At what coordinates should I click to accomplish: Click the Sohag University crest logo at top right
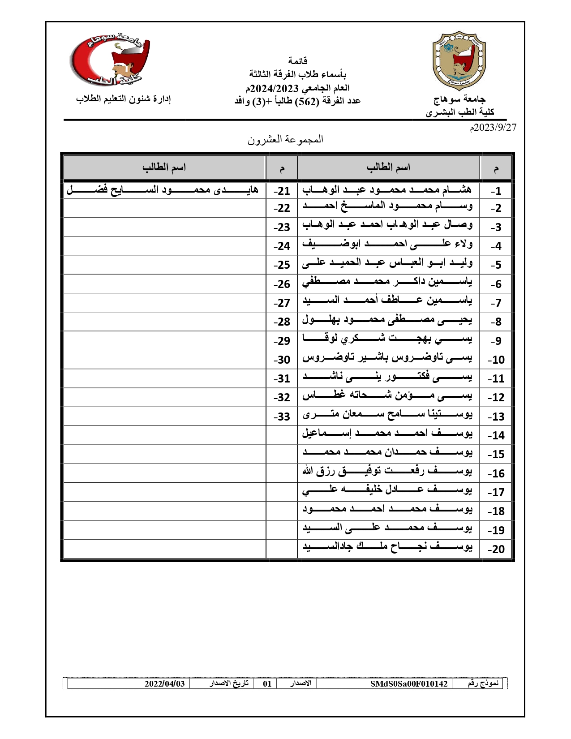(x=459, y=60)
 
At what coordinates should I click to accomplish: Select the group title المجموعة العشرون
(x=285, y=139)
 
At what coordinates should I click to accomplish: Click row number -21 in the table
(x=282, y=191)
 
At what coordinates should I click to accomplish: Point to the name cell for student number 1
(x=387, y=190)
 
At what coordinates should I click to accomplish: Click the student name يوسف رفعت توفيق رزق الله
(x=387, y=471)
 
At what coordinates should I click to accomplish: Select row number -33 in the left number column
(x=282, y=417)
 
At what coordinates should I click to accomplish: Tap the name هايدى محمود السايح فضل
(x=163, y=190)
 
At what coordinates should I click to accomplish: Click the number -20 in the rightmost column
(x=496, y=549)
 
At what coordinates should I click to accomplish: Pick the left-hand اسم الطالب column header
(x=164, y=168)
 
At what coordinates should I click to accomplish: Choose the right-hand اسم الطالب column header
(x=388, y=168)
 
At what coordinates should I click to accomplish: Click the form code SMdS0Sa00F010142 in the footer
(x=408, y=684)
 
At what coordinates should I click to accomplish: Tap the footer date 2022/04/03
(x=164, y=684)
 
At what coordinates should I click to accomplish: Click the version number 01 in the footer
(x=267, y=684)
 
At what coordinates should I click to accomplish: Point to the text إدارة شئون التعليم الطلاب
(x=123, y=99)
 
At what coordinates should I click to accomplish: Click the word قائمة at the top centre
(x=297, y=60)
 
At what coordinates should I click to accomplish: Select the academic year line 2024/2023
(x=297, y=88)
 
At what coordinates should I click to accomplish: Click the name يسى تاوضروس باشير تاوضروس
(x=387, y=358)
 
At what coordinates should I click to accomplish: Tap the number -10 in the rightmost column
(x=496, y=360)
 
